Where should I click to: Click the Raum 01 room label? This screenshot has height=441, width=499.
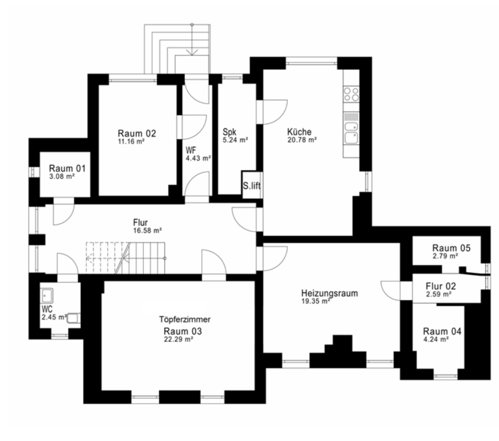coord(67,169)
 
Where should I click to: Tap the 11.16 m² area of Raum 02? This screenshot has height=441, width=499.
coord(131,142)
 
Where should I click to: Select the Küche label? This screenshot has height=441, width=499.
coord(299,132)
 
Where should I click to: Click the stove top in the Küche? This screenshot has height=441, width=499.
coord(351,95)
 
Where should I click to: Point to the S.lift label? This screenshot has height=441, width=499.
coord(251,186)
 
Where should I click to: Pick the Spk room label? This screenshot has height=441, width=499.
coord(229,132)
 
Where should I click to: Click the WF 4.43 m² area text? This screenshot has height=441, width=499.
coord(198,158)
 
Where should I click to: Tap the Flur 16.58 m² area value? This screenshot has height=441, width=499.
coord(148,231)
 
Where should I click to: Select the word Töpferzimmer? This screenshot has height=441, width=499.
coord(185,319)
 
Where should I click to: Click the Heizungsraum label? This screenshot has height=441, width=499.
coord(329,293)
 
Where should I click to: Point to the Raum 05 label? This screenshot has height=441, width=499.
coord(451,248)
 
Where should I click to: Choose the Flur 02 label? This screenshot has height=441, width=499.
coord(441,286)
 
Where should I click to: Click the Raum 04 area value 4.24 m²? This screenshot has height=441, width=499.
coord(436,340)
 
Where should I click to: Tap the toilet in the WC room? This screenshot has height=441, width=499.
coord(74,318)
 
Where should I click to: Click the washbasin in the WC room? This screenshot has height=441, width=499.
coord(47,295)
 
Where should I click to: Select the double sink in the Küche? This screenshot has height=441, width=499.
coord(351,132)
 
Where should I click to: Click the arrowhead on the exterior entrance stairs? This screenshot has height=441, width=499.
coord(192,52)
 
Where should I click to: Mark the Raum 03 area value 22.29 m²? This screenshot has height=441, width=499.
coord(178,340)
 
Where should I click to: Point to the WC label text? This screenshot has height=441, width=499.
coord(47,309)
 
